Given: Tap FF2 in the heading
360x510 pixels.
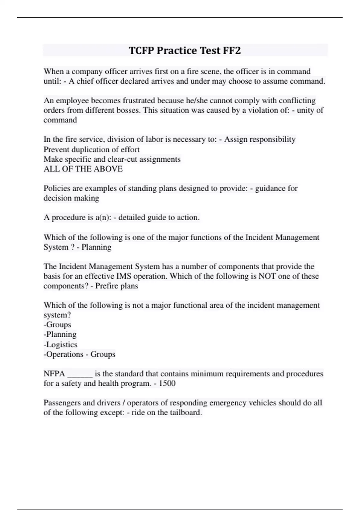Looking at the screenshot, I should click(232, 50).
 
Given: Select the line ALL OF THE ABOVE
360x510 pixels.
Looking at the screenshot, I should click(83, 169).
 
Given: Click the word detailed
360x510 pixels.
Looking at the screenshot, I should click(132, 217).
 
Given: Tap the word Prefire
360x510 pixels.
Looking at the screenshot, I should click(106, 286).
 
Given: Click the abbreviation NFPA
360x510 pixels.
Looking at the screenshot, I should click(54, 374).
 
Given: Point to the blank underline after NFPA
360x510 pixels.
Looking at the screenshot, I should click(80, 375).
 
